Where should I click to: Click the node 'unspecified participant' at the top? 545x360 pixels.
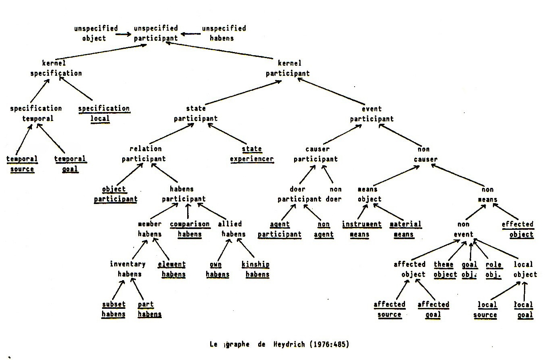156,33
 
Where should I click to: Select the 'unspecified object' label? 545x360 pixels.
96,33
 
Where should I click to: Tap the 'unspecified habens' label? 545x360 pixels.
223,33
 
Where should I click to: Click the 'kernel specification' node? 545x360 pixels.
56,68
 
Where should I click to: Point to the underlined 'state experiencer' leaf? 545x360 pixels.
252,154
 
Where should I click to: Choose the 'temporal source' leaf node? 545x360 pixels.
22,164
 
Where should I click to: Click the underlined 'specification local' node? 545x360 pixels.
104,114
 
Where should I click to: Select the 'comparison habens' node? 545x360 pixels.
190,229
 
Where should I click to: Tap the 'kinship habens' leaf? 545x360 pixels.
255,269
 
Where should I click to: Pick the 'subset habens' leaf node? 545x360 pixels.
113,309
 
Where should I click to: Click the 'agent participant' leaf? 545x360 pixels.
280,229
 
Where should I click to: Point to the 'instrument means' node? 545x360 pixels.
361,229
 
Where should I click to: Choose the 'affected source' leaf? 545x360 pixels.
389,309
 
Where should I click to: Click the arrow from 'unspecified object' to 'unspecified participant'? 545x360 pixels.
123,34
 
